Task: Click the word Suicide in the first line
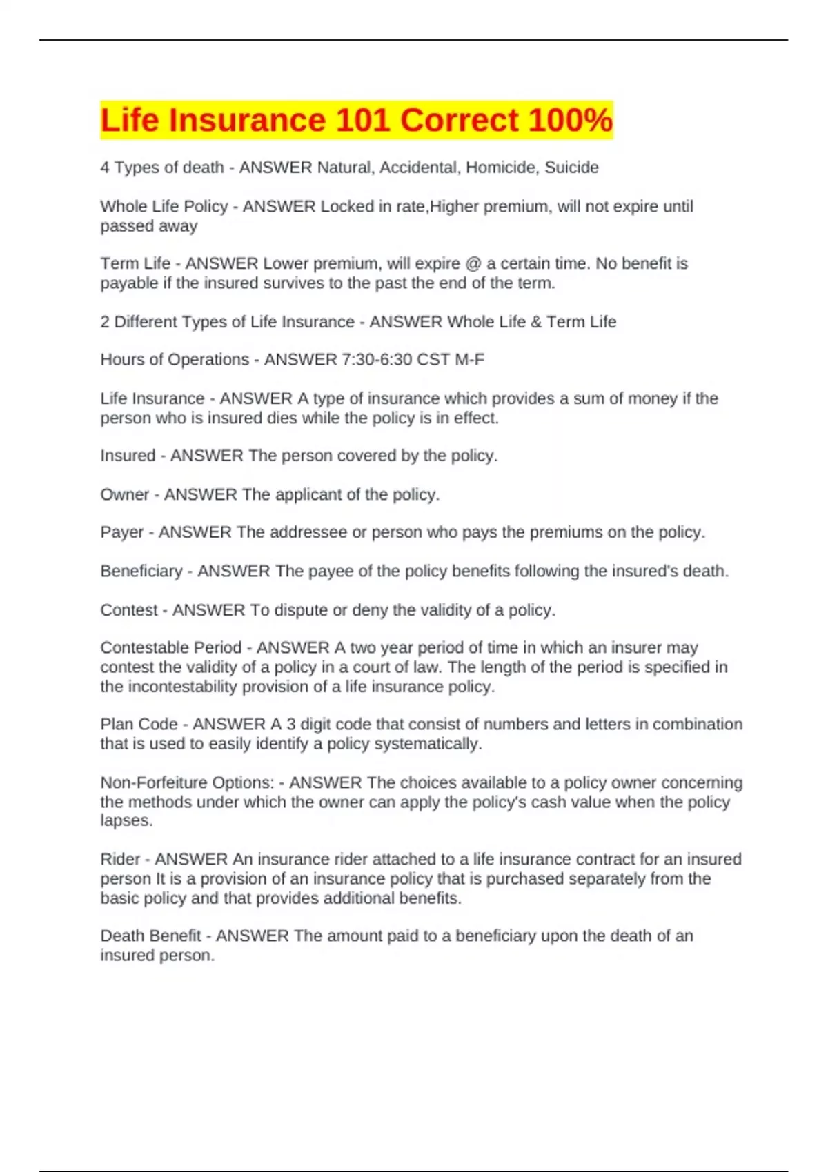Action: tap(571, 168)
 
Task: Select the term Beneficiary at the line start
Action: tap(141, 572)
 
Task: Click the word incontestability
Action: tap(183, 687)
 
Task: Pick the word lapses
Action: tap(126, 821)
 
